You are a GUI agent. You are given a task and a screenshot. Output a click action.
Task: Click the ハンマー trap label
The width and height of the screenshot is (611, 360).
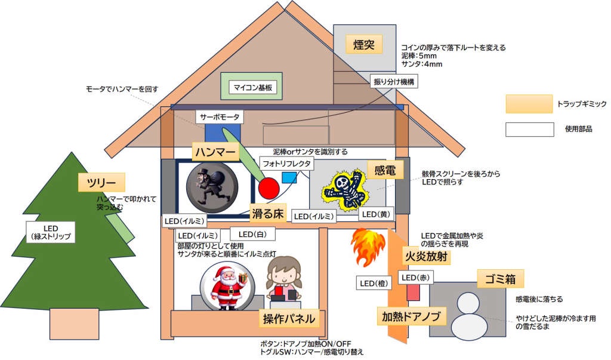point(215,152)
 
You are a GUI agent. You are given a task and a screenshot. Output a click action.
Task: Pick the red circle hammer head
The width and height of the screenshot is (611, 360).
point(269,187)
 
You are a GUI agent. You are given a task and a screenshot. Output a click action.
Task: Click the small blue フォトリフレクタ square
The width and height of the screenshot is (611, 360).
point(289,177)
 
